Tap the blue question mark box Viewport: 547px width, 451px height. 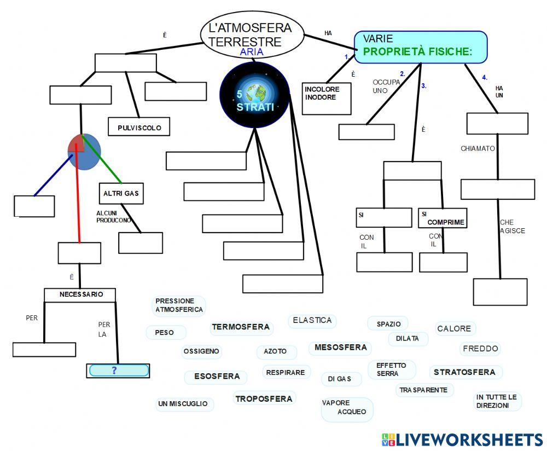(x=118, y=371)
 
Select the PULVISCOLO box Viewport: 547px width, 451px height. (x=139, y=128)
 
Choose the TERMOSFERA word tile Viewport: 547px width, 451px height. (x=241, y=327)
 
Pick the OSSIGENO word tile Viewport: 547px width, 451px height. (x=201, y=351)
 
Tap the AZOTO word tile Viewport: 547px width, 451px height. (x=275, y=351)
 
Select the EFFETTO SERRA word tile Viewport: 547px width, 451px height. (x=392, y=369)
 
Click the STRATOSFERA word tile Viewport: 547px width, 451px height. (x=464, y=372)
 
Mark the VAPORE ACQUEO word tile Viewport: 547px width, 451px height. (x=345, y=408)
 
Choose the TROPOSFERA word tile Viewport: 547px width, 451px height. (x=264, y=399)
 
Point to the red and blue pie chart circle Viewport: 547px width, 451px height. (x=84, y=152)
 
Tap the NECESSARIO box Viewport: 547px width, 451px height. (x=80, y=294)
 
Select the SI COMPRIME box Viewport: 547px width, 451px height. (x=443, y=218)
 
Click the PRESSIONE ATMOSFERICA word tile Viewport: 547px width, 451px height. (x=179, y=305)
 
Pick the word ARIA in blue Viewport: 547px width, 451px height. (x=252, y=53)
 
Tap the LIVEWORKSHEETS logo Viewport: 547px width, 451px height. (x=462, y=440)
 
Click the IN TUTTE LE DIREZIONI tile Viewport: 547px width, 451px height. (x=497, y=401)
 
